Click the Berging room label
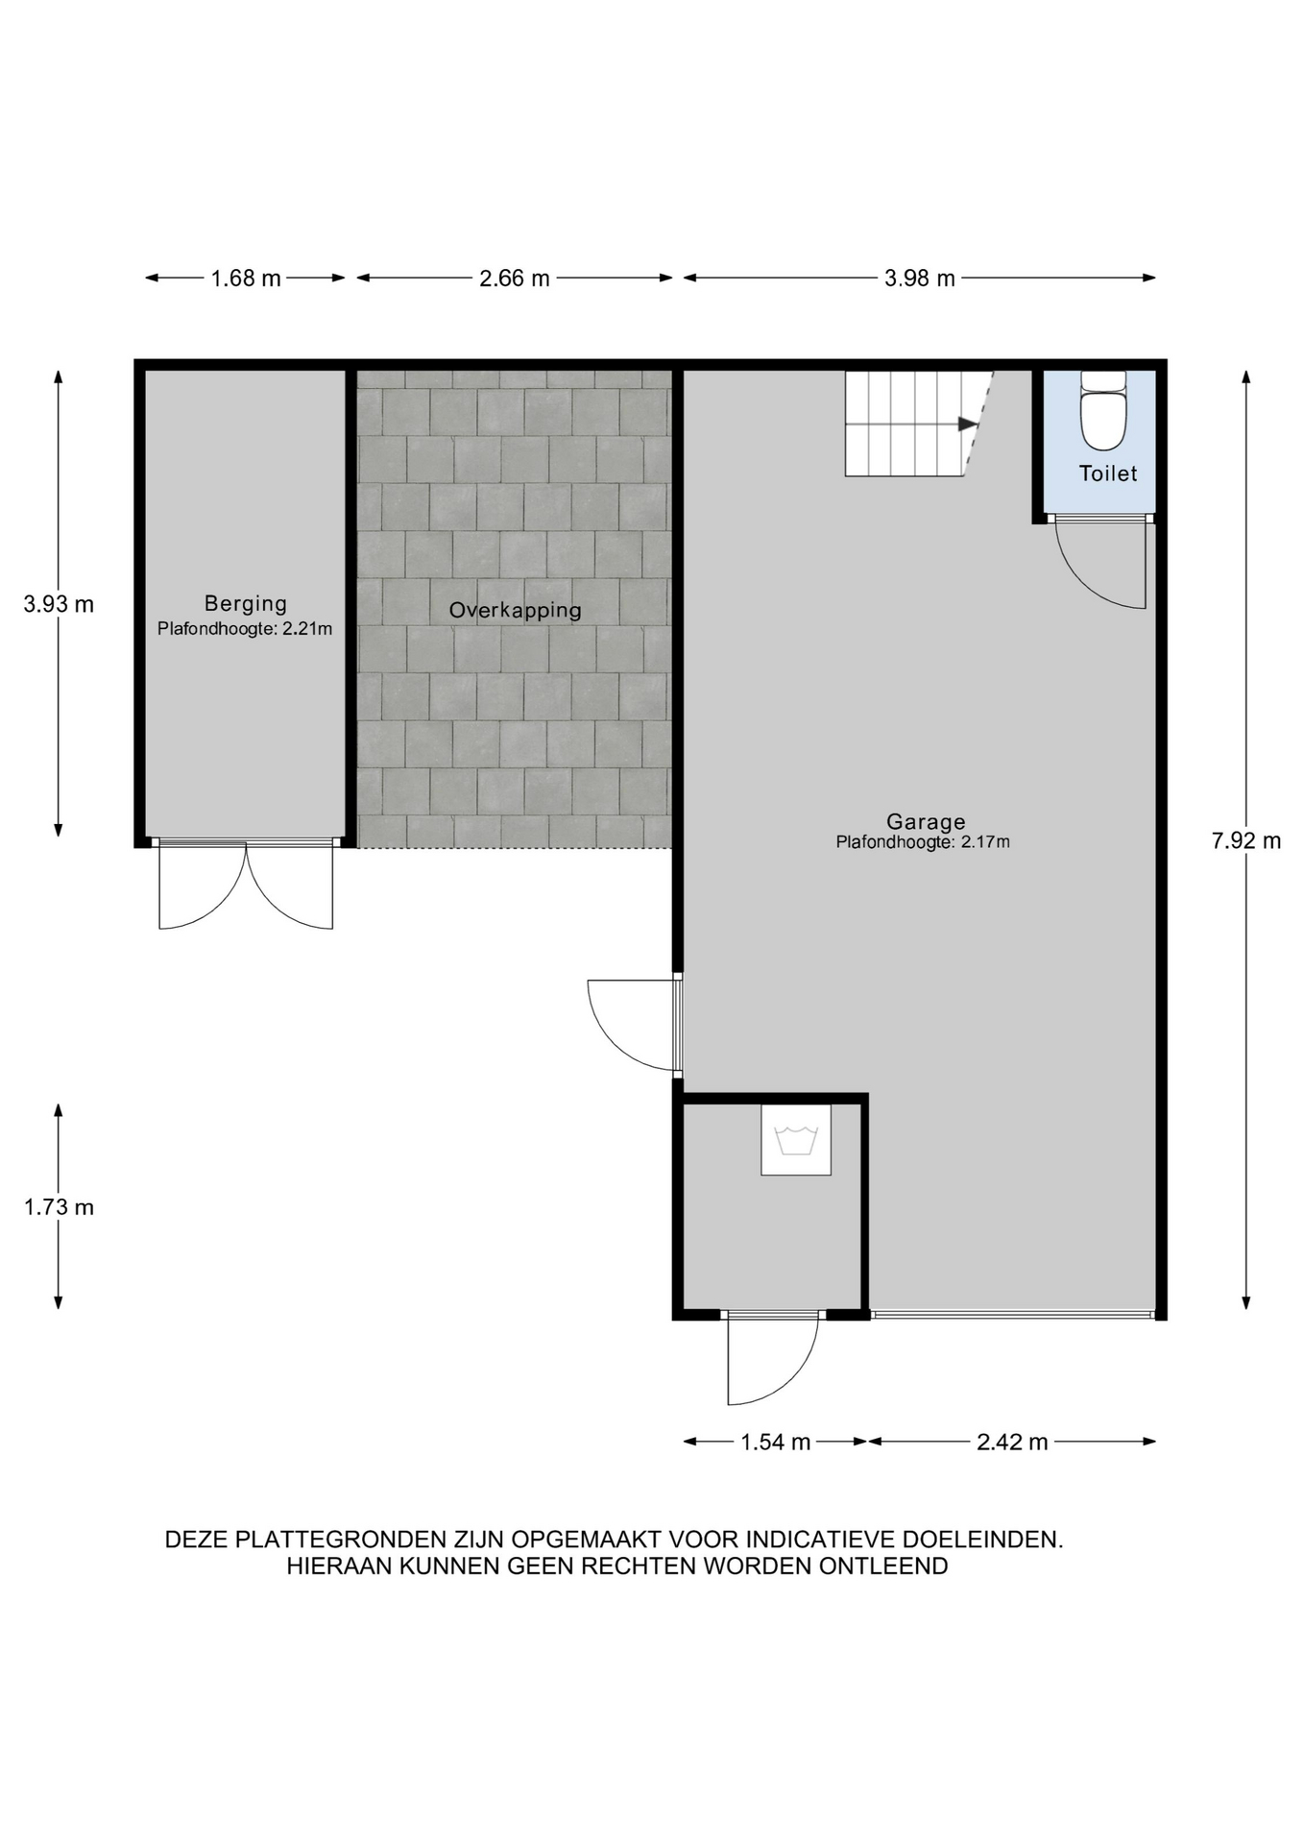(246, 604)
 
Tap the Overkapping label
(516, 610)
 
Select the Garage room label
(926, 821)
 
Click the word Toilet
(1108, 473)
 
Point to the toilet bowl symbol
(1103, 410)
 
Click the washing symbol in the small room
(796, 1140)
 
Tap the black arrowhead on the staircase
(968, 424)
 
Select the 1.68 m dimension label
(246, 279)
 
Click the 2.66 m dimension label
(515, 279)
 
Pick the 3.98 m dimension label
(920, 279)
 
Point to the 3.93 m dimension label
(60, 604)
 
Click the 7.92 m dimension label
(1246, 840)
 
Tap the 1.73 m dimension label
(60, 1206)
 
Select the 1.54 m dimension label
(776, 1442)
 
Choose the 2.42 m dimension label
(1012, 1442)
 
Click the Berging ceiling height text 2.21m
(307, 629)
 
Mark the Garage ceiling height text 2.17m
(985, 842)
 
